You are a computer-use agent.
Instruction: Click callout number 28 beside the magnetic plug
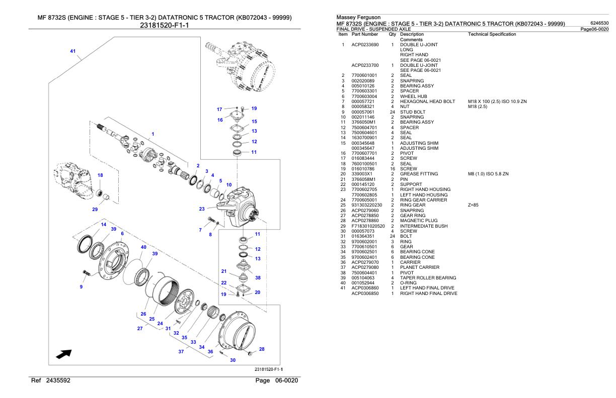[262, 349]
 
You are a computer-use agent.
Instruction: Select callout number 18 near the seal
[100, 175]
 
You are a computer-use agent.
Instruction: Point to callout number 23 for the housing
[202, 209]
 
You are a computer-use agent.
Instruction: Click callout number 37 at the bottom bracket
[181, 351]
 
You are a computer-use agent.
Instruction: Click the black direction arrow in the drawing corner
[63, 354]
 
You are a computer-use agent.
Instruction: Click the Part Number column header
[365, 34]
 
